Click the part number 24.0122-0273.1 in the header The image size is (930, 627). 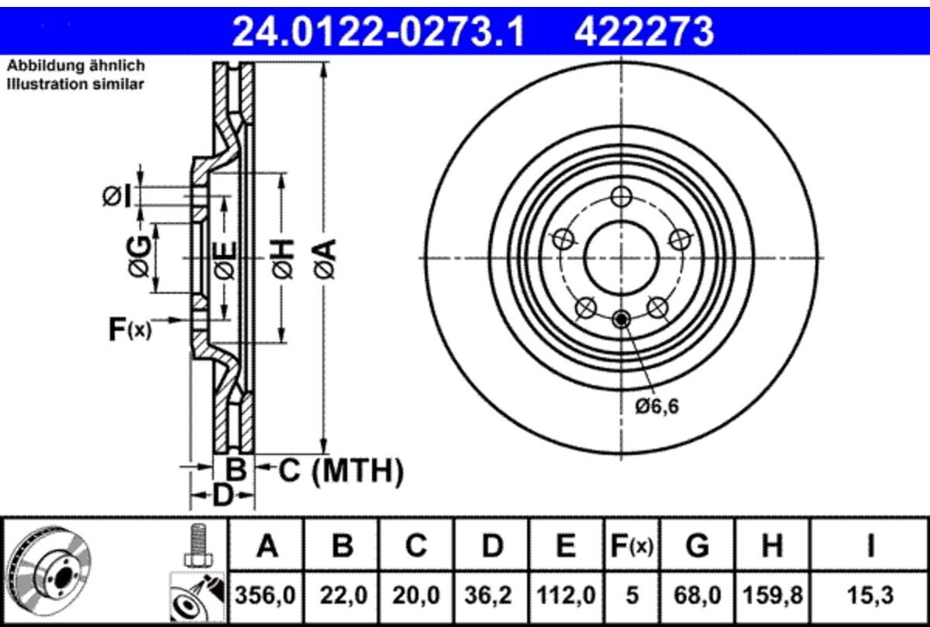[x=378, y=31]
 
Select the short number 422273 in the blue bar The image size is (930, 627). [x=644, y=31]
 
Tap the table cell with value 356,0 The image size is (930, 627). [x=265, y=595]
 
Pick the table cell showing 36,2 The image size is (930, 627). [x=491, y=595]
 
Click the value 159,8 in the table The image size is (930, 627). [x=772, y=595]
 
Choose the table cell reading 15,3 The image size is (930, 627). [x=870, y=595]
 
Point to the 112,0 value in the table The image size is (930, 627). [x=566, y=595]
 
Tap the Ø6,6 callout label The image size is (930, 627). [x=657, y=407]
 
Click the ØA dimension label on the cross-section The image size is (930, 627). [x=325, y=258]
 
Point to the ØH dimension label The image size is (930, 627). [x=284, y=258]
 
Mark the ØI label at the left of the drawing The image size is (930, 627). [x=117, y=196]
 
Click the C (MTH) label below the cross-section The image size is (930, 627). [x=341, y=471]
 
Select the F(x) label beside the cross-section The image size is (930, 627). [x=130, y=329]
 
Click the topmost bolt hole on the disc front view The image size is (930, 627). [x=622, y=196]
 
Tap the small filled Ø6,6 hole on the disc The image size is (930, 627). [x=622, y=319]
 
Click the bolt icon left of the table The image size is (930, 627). [x=199, y=546]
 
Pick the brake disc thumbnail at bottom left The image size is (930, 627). [x=49, y=572]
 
